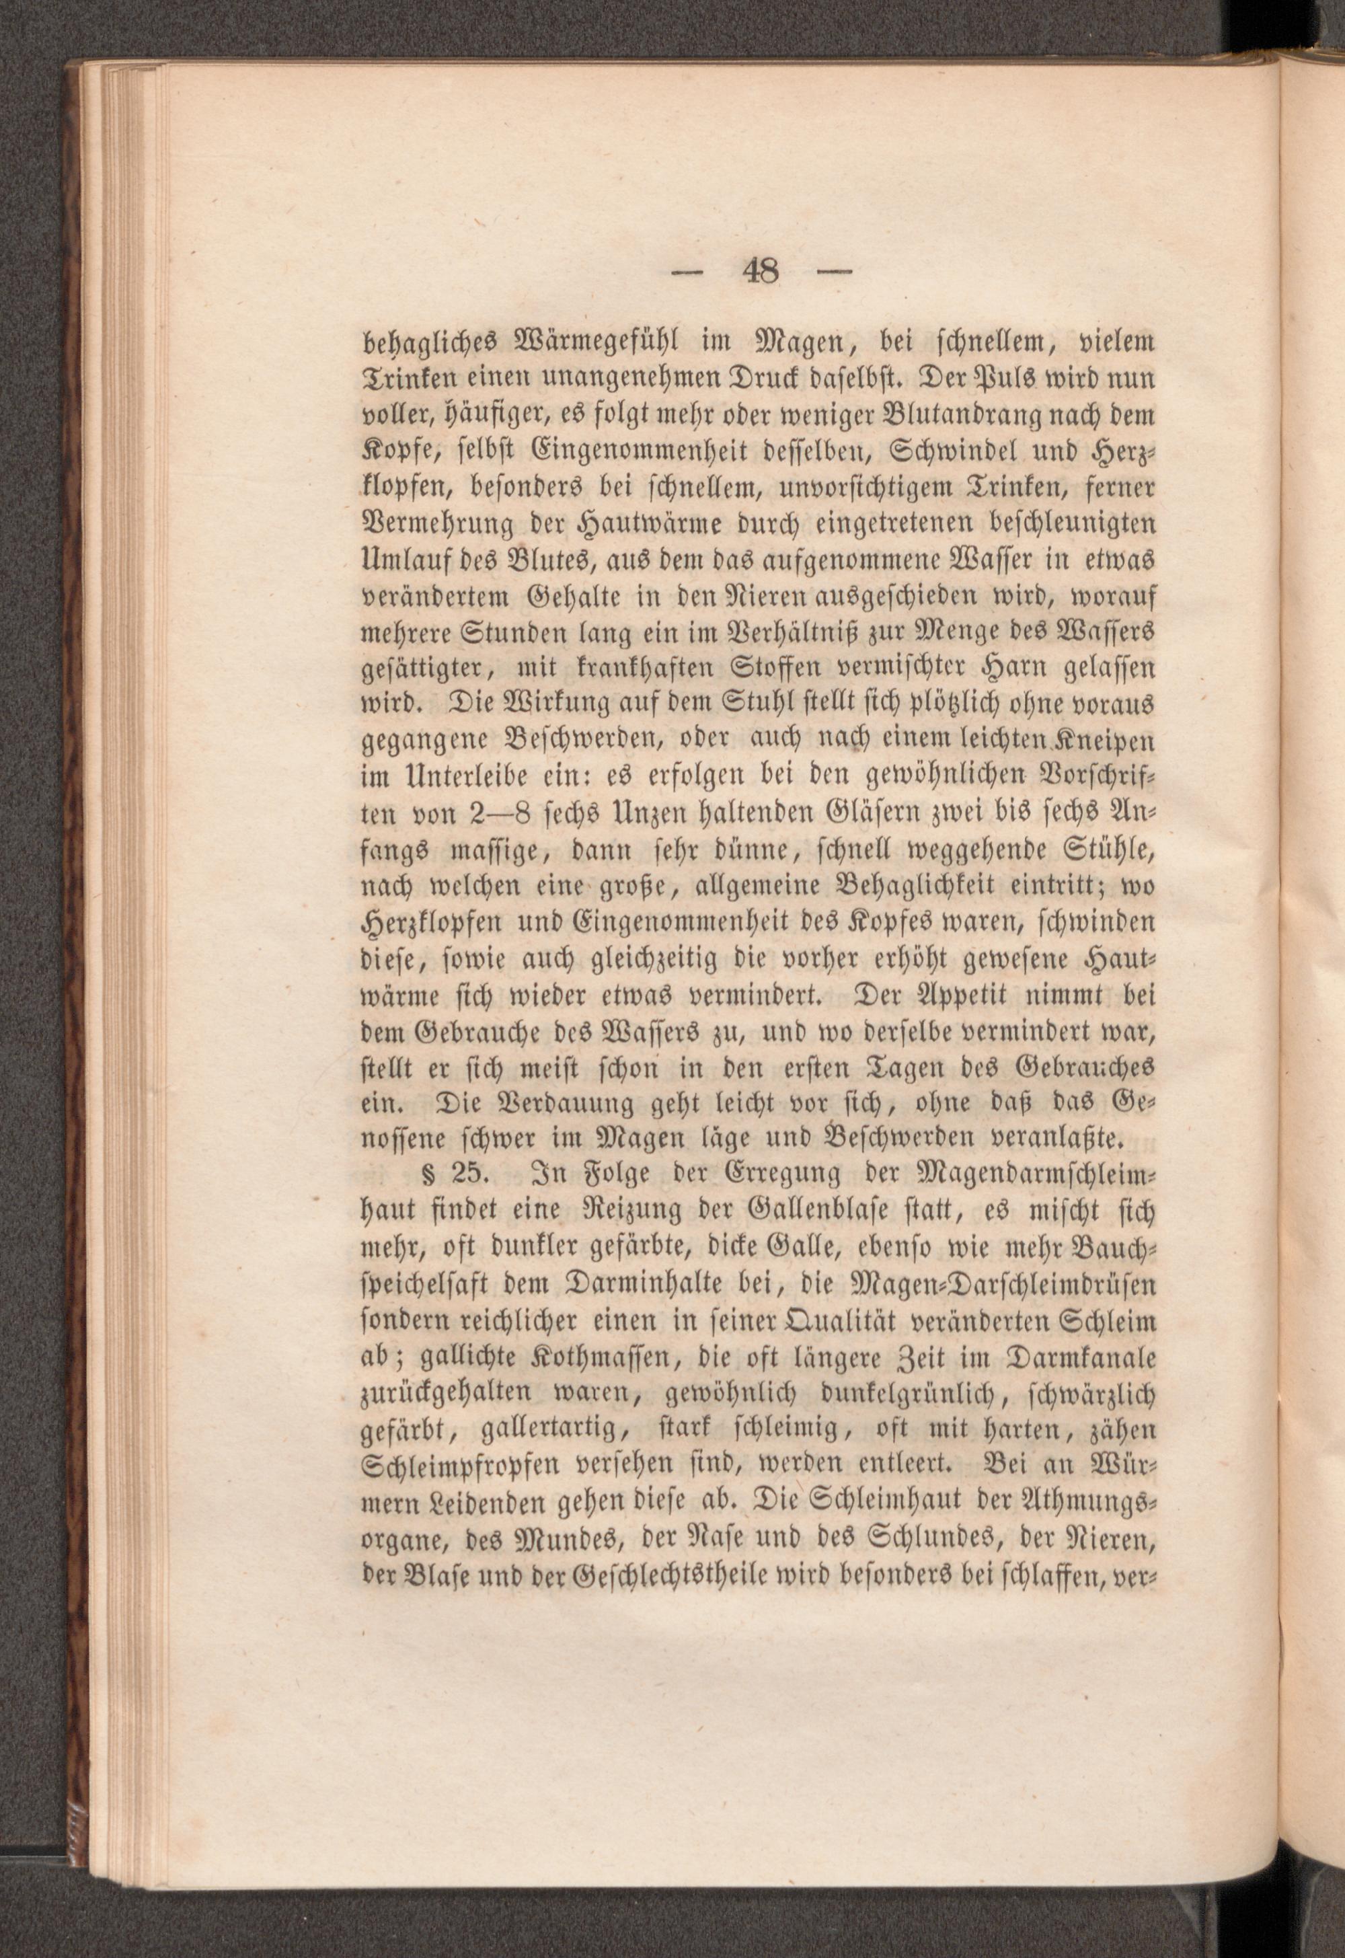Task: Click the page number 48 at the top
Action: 761,272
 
